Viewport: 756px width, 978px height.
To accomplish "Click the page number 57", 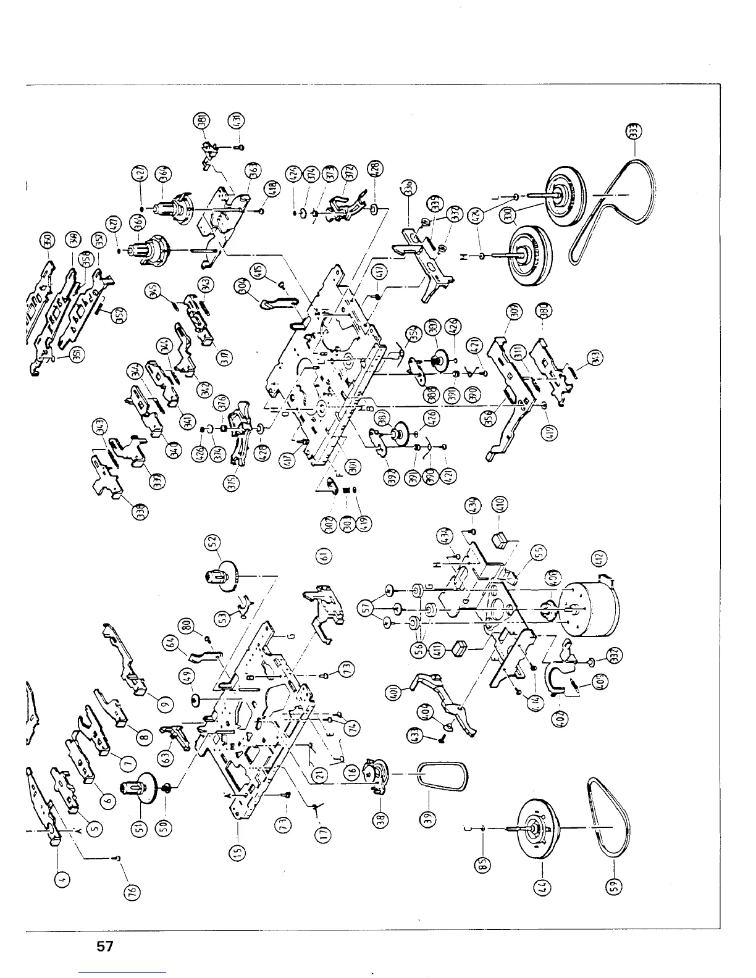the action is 104,945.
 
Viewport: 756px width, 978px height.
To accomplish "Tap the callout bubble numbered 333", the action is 639,131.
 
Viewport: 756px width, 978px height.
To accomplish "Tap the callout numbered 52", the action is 212,543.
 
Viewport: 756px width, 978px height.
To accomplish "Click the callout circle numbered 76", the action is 136,890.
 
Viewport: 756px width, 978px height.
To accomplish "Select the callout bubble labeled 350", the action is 46,239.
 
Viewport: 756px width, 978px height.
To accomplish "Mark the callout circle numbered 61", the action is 322,556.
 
